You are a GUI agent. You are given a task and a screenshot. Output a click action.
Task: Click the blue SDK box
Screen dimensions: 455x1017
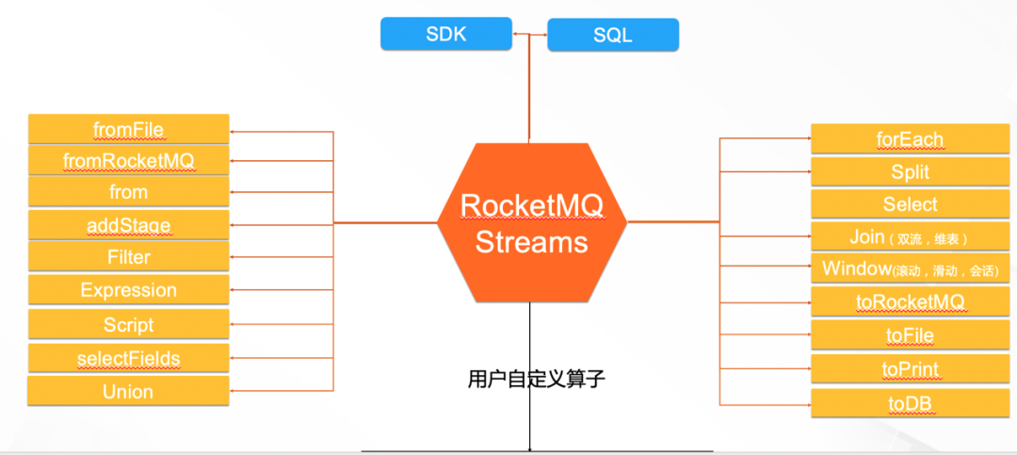click(446, 35)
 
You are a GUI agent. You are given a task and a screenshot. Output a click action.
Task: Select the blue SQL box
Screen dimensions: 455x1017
click(613, 35)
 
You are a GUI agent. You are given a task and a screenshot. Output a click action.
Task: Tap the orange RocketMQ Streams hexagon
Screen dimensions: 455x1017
click(531, 224)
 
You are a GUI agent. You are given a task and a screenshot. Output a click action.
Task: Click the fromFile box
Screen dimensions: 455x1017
click(129, 129)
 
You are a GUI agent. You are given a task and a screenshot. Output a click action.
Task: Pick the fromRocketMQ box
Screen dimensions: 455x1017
click(129, 160)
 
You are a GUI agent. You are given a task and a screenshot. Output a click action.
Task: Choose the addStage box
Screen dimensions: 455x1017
click(129, 225)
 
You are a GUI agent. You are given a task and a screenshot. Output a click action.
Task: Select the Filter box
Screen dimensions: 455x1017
click(129, 257)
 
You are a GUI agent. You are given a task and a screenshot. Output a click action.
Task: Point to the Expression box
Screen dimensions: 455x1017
click(129, 290)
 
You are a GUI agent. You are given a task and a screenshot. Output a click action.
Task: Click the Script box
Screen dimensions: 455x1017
click(129, 325)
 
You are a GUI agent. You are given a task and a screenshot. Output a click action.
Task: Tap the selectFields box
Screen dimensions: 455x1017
click(129, 358)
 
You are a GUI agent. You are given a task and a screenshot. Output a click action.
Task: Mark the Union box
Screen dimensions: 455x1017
click(129, 392)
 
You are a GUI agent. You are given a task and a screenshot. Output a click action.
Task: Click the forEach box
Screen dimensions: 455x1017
click(910, 139)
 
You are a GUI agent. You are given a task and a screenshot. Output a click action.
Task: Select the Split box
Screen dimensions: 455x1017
click(910, 171)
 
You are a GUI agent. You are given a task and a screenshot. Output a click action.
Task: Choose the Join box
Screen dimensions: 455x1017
click(910, 237)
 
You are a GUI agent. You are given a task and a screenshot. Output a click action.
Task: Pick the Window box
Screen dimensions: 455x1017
click(910, 269)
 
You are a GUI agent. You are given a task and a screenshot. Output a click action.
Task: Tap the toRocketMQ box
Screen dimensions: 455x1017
click(910, 302)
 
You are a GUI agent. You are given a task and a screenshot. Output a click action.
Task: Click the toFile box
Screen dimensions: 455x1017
click(910, 335)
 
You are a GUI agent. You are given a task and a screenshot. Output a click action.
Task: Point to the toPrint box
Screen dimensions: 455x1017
click(910, 369)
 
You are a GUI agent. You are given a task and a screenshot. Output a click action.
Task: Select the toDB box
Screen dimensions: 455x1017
click(910, 403)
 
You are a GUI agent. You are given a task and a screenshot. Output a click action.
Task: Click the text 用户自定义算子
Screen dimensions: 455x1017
click(536, 380)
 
